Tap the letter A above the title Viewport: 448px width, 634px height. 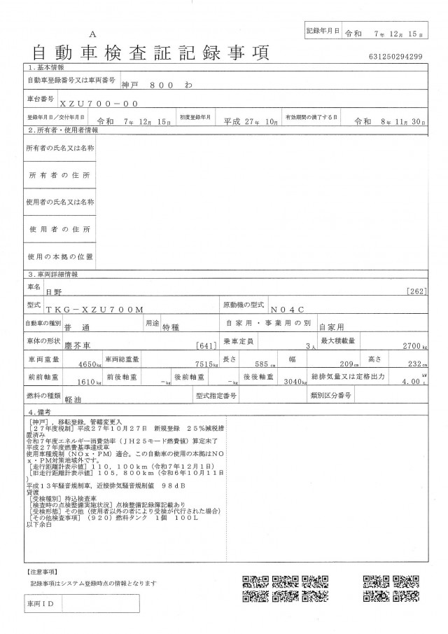pos(93,34)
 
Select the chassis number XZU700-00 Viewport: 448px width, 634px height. pos(90,103)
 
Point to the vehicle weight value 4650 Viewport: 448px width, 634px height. pos(90,364)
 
